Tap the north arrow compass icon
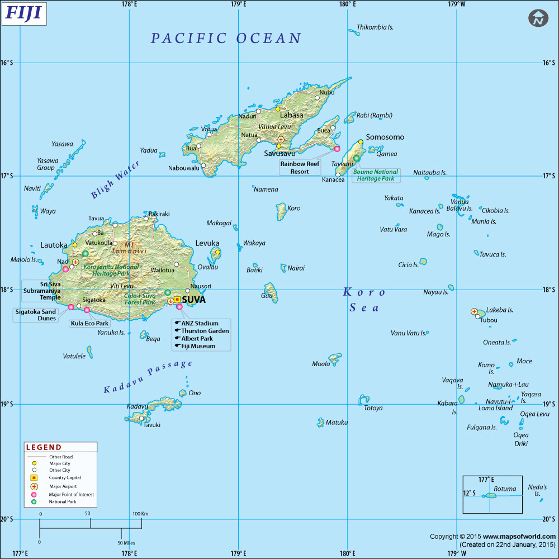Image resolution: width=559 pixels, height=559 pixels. point(538,18)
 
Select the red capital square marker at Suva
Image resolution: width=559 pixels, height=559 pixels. point(177,300)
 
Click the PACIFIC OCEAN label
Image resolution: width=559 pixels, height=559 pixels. point(226,38)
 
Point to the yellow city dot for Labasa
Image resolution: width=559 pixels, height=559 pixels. point(277,108)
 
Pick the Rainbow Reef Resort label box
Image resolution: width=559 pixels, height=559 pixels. point(300,168)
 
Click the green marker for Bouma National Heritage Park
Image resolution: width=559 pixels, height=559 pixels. point(357,158)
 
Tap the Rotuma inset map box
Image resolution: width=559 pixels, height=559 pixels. point(492,494)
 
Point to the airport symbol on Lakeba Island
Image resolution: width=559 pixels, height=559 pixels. point(474,311)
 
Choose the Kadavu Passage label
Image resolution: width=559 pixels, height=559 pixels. point(148,377)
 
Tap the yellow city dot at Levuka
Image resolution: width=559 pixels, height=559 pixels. point(217,252)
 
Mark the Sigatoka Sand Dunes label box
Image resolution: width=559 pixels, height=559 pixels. point(36,315)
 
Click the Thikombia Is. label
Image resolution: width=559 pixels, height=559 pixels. point(375,27)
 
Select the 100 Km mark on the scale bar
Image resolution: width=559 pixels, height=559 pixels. point(141,514)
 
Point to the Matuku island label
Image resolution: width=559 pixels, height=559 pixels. point(337,423)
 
